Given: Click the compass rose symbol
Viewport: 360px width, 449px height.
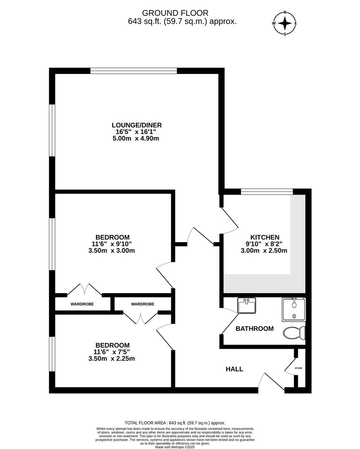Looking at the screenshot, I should click(285, 23).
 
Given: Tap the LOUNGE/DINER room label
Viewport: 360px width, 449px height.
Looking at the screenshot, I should click(136, 125).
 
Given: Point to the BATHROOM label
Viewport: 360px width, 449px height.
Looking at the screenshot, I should click(254, 328).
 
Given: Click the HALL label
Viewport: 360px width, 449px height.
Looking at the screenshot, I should click(234, 369).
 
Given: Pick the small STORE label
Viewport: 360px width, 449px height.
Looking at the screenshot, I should click(298, 368).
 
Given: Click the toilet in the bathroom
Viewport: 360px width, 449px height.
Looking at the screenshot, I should click(295, 332).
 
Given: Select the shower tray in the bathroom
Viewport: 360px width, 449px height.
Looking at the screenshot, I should click(294, 309).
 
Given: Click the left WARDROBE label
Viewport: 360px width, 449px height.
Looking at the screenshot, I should click(82, 304).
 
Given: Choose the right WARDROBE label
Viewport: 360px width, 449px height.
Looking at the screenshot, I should click(143, 304).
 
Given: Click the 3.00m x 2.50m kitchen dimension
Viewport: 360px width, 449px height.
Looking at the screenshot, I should click(264, 250).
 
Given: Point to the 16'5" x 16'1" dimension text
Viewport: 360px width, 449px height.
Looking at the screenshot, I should click(136, 132).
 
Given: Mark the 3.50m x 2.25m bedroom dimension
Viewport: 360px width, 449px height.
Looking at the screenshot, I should click(112, 359).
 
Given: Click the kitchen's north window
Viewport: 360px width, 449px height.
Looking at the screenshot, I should click(266, 191).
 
